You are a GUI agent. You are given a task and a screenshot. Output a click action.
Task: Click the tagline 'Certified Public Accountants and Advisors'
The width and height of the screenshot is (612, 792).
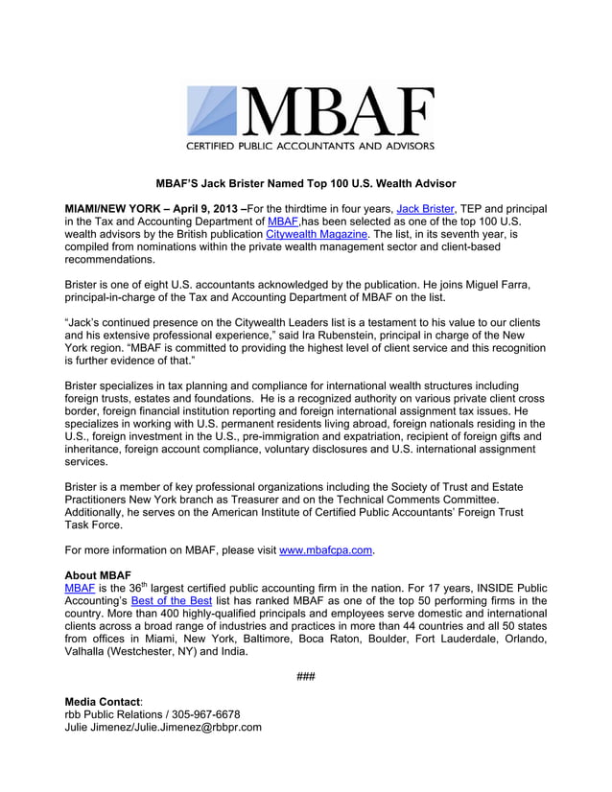click(309, 147)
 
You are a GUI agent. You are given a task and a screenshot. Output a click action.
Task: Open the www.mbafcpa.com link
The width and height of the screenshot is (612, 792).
click(325, 550)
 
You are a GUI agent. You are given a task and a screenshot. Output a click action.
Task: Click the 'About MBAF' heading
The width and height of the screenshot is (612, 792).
click(96, 575)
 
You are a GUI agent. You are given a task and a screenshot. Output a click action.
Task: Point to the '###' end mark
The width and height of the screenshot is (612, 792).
click(306, 676)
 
